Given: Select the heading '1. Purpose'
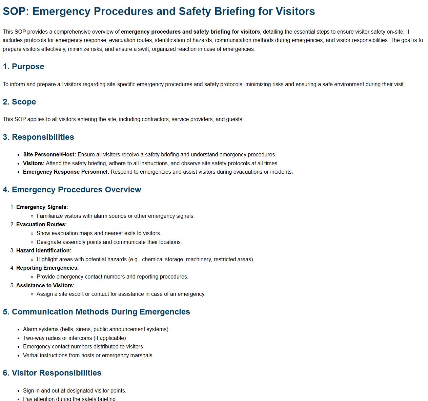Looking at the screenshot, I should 23,66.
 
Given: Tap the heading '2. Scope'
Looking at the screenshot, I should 19,102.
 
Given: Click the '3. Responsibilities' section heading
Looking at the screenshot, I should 38,137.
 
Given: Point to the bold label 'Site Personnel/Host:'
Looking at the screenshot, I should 49,155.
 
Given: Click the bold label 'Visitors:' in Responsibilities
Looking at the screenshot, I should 34,164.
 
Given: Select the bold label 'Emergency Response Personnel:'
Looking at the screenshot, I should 66,172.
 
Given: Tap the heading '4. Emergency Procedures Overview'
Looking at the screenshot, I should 72,190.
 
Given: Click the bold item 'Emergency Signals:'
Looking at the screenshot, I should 42,207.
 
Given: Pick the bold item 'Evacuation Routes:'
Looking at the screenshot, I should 41,225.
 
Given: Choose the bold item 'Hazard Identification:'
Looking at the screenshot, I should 44,251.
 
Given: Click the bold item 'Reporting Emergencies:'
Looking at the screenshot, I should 47,268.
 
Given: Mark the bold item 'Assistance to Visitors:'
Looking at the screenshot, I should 45,286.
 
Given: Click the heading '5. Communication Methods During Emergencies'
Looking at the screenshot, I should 96,312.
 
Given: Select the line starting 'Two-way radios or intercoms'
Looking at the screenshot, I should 74,338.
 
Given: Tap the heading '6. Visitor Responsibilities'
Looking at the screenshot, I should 52,373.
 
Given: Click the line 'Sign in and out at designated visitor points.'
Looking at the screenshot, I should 75,391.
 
